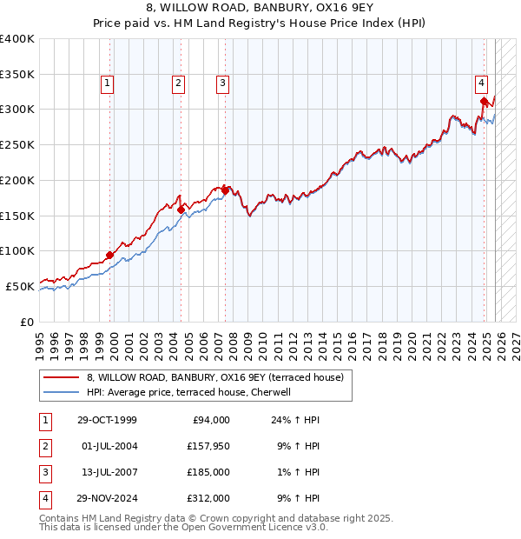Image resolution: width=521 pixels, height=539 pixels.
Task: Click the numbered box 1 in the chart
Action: pyautogui.click(x=107, y=83)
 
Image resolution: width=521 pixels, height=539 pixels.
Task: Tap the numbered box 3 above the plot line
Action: pyautogui.click(x=222, y=83)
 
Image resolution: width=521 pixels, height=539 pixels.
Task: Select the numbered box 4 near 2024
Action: pyautogui.click(x=480, y=83)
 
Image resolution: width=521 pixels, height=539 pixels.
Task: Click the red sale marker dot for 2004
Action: pyautogui.click(x=181, y=209)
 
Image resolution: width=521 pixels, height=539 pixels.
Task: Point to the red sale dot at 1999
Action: pyautogui.click(x=110, y=255)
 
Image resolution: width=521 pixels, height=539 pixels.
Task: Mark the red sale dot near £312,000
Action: pyautogui.click(x=484, y=101)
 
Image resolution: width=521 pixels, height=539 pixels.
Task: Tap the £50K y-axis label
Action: pyautogui.click(x=20, y=286)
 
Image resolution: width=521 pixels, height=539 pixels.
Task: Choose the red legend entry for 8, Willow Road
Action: pyautogui.click(x=215, y=377)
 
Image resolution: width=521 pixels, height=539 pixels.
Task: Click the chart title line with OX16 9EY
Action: pyautogui.click(x=260, y=9)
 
